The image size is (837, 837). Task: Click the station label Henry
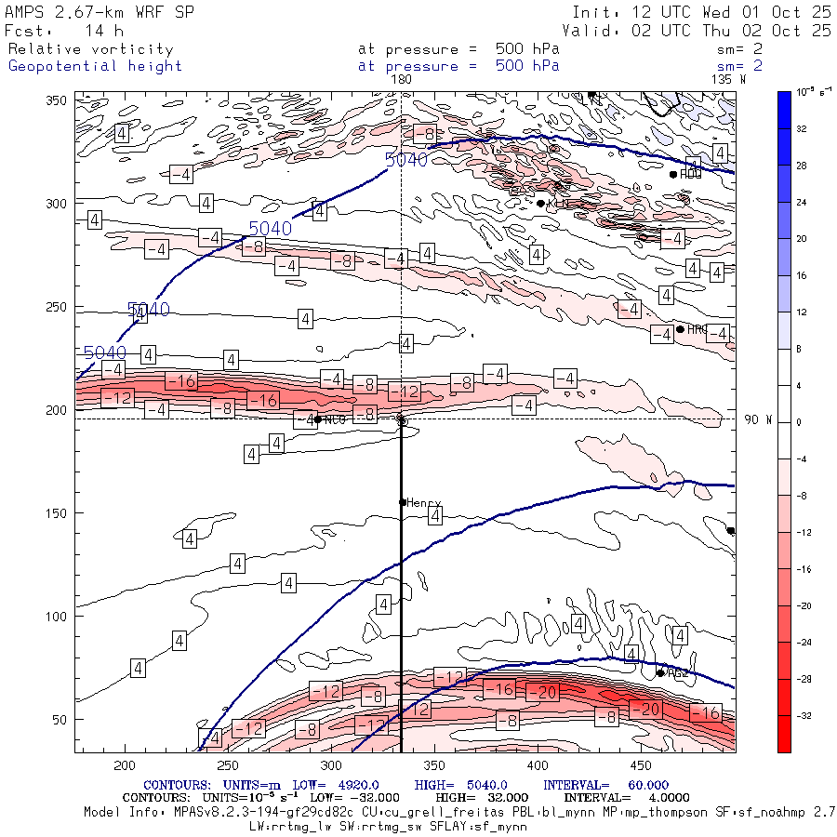point(423,503)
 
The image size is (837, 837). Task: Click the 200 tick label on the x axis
point(124,765)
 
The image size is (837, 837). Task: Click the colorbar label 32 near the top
point(802,129)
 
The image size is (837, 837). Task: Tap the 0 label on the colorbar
point(799,422)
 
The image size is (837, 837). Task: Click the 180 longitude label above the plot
point(402,80)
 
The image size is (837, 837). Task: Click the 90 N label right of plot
point(758,420)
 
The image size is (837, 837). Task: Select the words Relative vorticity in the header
point(90,49)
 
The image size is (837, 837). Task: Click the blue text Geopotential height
point(95,66)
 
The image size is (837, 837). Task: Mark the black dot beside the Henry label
point(403,502)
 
